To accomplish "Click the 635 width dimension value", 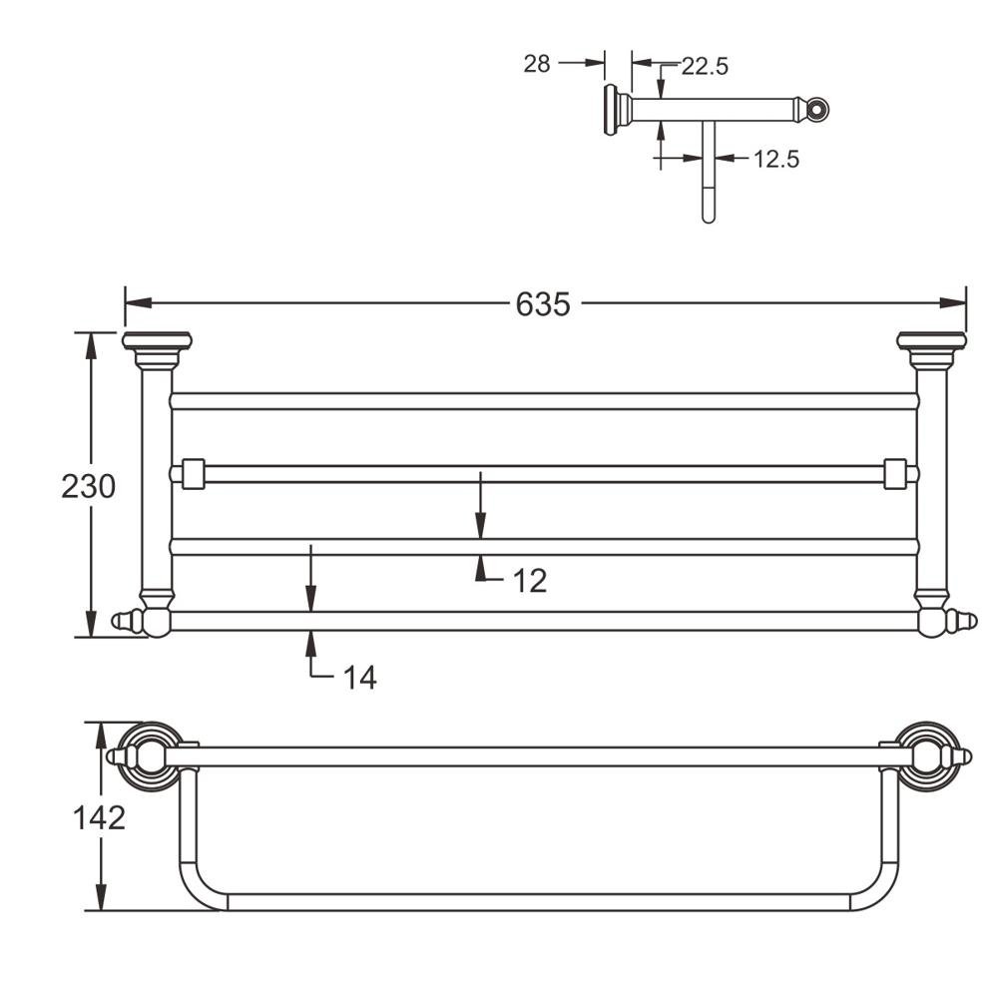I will click(x=543, y=303).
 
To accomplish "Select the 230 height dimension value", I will click(x=89, y=486).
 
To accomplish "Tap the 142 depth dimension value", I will click(x=99, y=816).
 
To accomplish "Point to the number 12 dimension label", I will click(x=530, y=580).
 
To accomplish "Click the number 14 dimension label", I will click(x=359, y=678).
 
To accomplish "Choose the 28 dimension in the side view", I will click(x=537, y=64).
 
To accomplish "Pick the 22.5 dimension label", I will click(x=705, y=66).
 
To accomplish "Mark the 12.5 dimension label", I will click(x=775, y=158).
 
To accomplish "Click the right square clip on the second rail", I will click(x=898, y=473).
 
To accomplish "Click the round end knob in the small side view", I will click(x=817, y=108).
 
